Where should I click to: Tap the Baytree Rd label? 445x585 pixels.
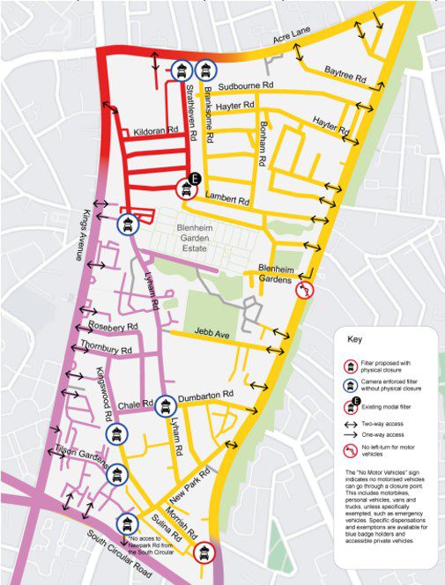(345, 73)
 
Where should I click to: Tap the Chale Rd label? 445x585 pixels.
(135, 402)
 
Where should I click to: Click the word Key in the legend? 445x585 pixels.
(355, 338)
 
